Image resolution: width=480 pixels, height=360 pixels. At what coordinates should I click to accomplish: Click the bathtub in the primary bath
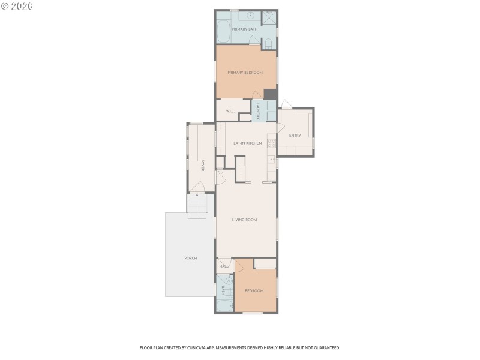click(223, 31)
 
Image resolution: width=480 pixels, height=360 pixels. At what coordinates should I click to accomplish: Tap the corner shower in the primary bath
click(269, 17)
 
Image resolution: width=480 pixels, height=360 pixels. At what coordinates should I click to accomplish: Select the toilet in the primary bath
click(268, 43)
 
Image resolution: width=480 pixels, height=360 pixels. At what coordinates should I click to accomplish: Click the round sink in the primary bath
click(251, 15)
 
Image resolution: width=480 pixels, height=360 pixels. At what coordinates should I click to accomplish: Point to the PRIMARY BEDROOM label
click(245, 73)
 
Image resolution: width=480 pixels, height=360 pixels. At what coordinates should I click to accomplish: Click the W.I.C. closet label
click(230, 112)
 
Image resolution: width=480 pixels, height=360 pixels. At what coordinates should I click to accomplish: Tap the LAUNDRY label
click(257, 111)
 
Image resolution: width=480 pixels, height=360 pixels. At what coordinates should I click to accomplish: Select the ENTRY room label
click(295, 136)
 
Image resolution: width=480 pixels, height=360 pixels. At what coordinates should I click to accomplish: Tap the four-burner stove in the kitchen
click(271, 143)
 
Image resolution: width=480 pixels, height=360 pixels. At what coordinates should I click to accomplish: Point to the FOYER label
click(203, 165)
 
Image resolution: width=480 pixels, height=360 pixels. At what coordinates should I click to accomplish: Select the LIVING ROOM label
click(244, 220)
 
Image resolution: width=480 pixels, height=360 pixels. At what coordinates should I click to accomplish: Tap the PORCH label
click(190, 258)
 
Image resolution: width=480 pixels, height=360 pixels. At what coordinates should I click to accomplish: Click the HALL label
click(224, 266)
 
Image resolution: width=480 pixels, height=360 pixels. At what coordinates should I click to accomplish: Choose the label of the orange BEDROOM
click(254, 291)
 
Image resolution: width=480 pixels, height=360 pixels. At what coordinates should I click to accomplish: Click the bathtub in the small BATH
click(224, 305)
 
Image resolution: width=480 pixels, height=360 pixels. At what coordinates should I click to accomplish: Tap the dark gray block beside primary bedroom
click(270, 94)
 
